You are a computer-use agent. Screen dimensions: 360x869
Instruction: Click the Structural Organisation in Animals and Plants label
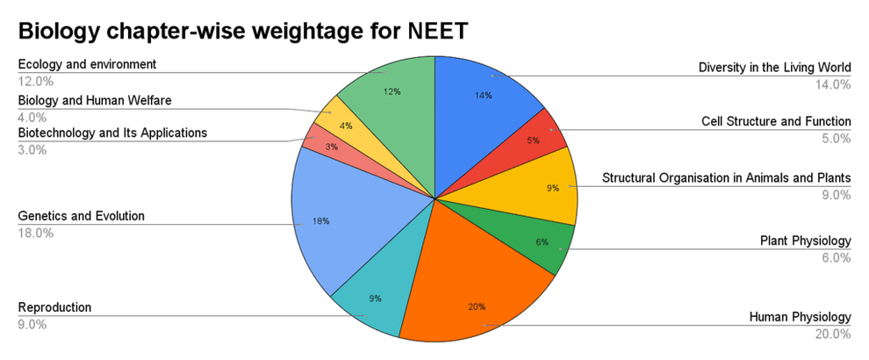pos(726,178)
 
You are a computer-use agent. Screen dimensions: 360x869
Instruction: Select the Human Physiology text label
pos(800,317)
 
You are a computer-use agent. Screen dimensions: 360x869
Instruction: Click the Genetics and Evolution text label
pos(82,216)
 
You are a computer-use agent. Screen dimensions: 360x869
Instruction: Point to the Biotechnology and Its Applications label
pos(113,133)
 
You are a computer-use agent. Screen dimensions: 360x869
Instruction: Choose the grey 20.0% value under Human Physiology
pos(833,334)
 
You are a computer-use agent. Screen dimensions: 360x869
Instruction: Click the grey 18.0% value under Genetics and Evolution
pos(36,233)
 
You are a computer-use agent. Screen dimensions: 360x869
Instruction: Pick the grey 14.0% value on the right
pos(833,84)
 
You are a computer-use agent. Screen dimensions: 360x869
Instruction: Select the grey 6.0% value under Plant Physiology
pos(836,257)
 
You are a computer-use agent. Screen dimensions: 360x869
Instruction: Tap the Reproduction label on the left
pos(54,307)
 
